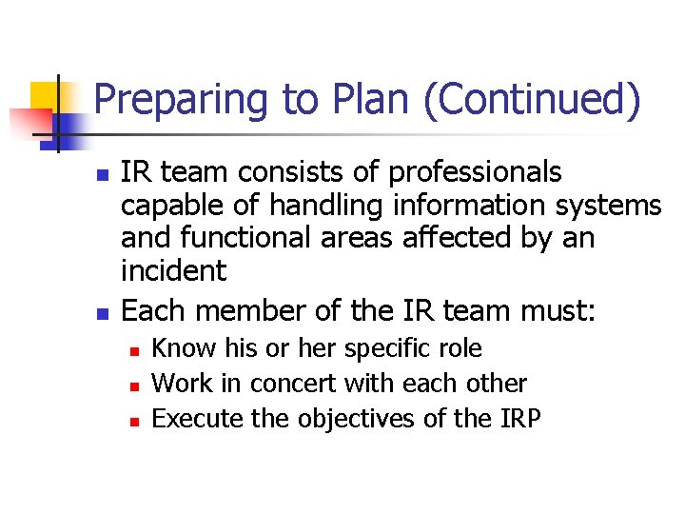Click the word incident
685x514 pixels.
[x=173, y=270]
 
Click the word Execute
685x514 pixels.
[x=197, y=418]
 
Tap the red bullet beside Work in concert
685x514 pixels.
[x=134, y=386]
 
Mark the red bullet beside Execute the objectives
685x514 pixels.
[x=134, y=421]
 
